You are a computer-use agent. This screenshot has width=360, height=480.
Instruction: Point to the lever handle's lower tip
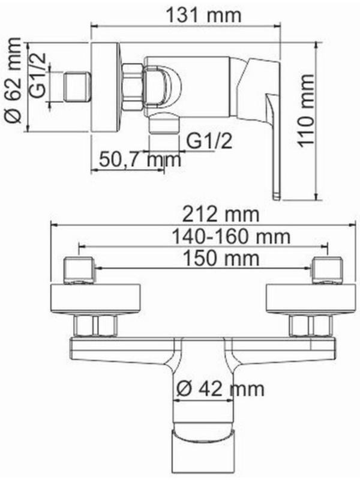point(277,194)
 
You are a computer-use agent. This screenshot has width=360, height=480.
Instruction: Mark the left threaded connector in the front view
point(79,270)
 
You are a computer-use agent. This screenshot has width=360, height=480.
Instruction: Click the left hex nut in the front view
point(96,326)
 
